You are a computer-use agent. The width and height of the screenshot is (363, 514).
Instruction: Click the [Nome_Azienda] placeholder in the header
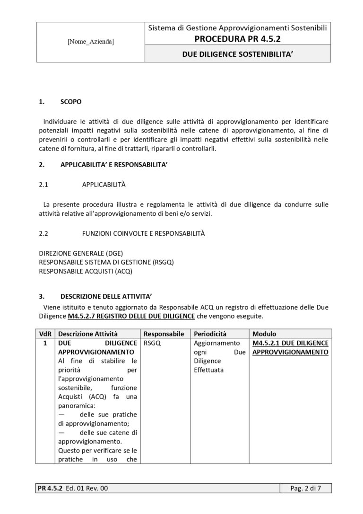coord(90,42)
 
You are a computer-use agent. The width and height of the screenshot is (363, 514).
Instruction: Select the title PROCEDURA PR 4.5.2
coord(237,38)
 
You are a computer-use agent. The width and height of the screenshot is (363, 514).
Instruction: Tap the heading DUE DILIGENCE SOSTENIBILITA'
coord(237,54)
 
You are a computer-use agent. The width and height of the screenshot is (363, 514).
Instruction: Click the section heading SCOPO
coord(71,102)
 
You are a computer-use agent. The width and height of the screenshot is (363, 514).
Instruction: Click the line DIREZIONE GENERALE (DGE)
coord(81,253)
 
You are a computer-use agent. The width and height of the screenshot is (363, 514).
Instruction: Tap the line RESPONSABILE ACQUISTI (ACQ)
coord(86,271)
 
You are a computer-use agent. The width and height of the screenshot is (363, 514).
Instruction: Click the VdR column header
coord(45,334)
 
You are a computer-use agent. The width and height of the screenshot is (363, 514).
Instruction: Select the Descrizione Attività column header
coord(88,334)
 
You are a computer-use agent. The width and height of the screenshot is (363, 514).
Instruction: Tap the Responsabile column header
coord(163,334)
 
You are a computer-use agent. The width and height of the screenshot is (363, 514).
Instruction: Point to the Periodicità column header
coord(210,334)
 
